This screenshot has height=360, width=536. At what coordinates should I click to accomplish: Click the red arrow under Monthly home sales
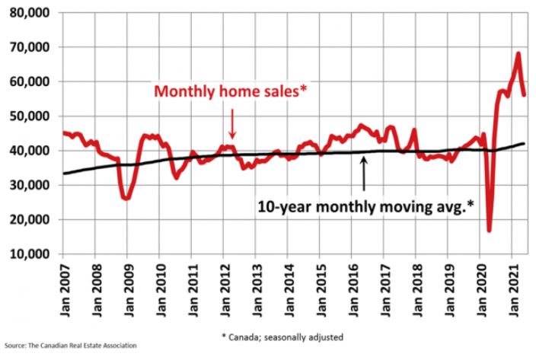tap(232, 124)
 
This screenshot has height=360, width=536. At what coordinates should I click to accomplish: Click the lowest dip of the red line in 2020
tap(488, 230)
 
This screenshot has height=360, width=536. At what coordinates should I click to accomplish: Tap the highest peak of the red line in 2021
tap(518, 53)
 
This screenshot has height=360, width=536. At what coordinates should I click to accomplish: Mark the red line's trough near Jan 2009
tap(126, 198)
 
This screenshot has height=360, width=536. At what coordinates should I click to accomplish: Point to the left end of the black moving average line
tap(64, 174)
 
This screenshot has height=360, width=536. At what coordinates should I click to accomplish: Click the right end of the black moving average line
tap(524, 143)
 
